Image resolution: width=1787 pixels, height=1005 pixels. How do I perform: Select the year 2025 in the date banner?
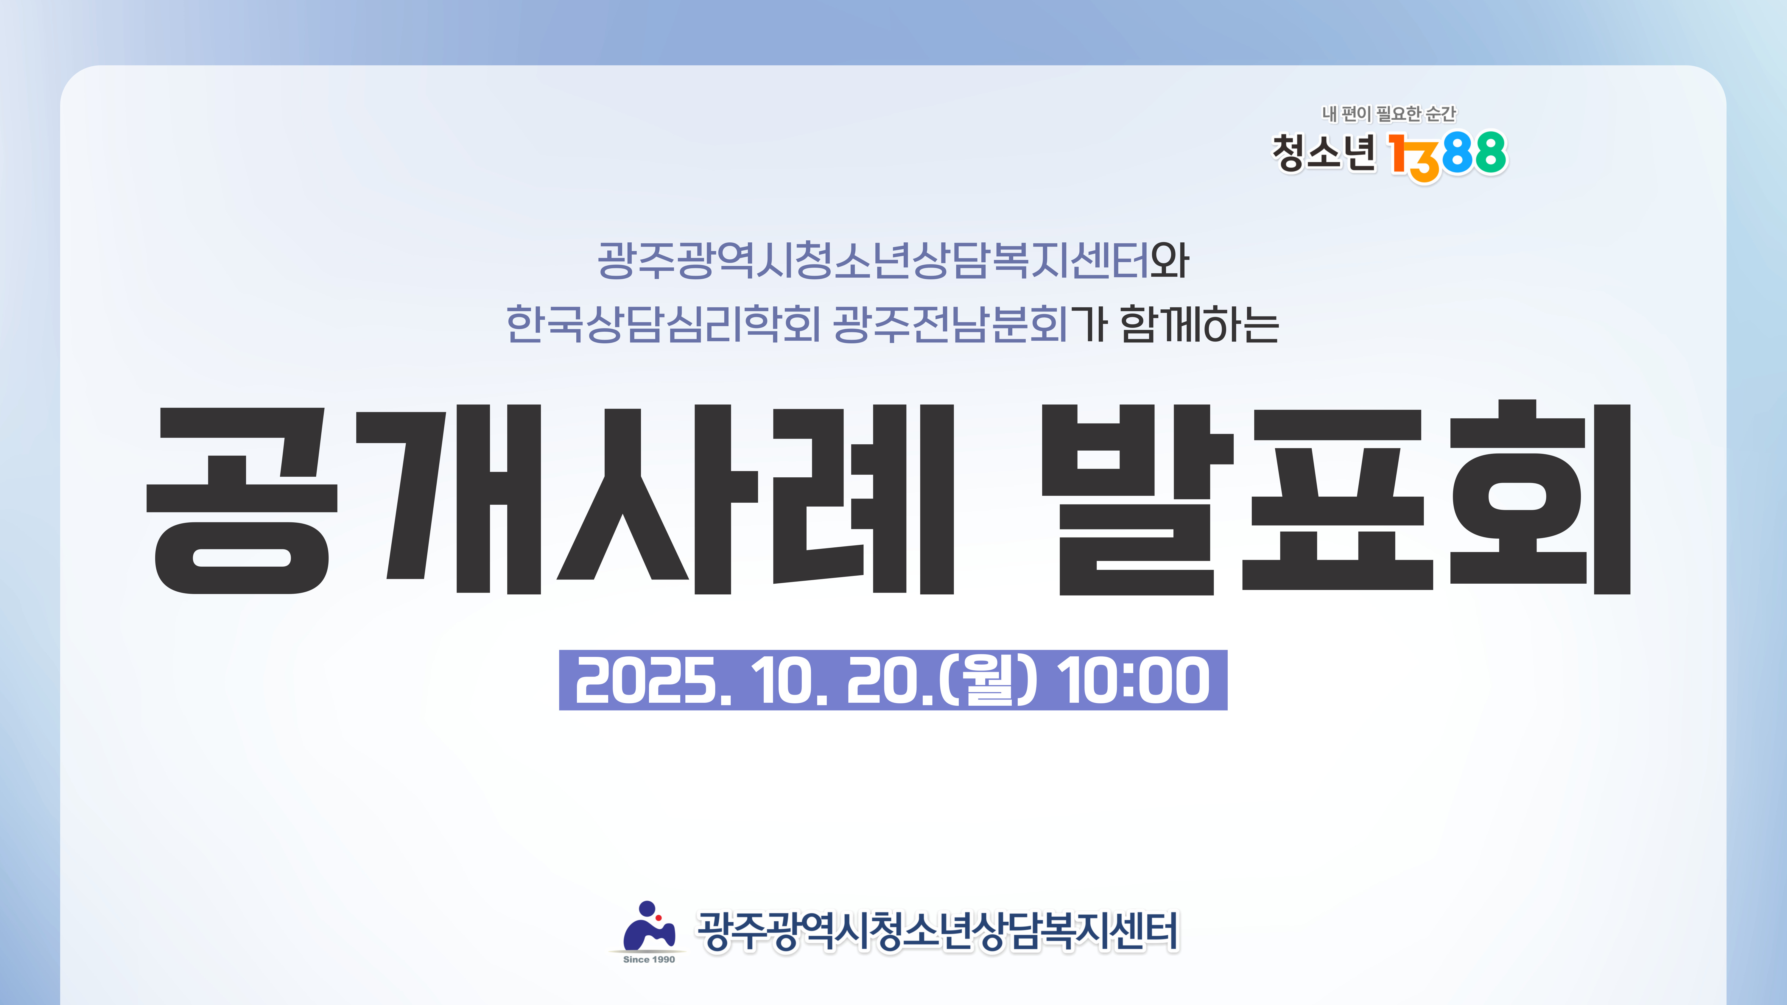click(x=645, y=681)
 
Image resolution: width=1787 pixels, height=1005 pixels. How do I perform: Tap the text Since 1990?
click(x=649, y=959)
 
